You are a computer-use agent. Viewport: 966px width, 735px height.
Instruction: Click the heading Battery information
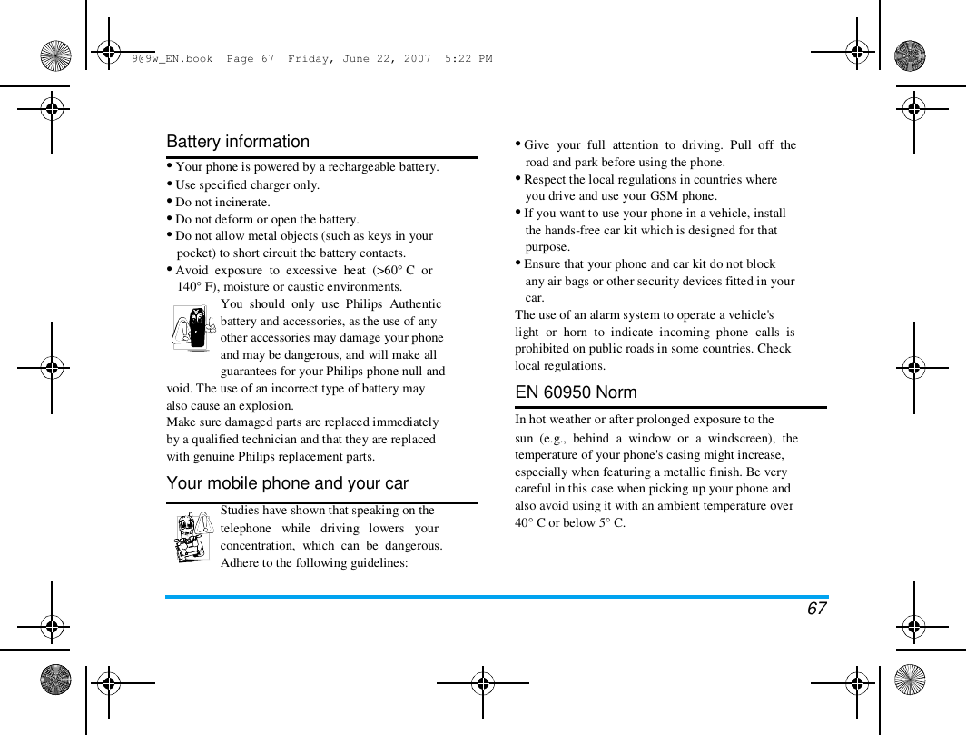(x=238, y=142)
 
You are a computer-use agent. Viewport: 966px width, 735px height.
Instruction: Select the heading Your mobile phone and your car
(x=287, y=483)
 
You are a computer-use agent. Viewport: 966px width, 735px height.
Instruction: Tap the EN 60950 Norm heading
(x=576, y=392)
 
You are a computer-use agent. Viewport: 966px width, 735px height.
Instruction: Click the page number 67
(x=816, y=609)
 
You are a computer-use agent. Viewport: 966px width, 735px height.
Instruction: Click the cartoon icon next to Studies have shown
(x=192, y=536)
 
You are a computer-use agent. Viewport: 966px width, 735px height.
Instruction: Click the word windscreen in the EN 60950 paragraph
(x=735, y=439)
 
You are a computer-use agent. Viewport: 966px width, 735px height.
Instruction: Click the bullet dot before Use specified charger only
(x=170, y=184)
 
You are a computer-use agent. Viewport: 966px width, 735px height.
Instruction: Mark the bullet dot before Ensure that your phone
(x=518, y=263)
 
